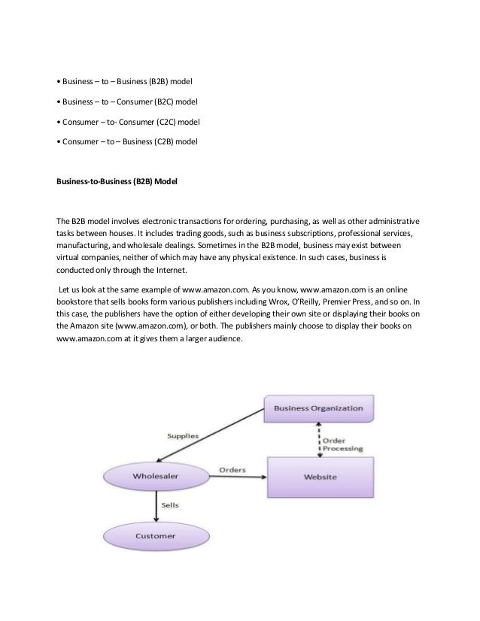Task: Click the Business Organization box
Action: (x=318, y=409)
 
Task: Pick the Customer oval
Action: (x=155, y=536)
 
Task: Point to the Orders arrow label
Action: (x=232, y=469)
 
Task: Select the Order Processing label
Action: (x=342, y=443)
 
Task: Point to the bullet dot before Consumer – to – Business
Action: (x=59, y=141)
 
